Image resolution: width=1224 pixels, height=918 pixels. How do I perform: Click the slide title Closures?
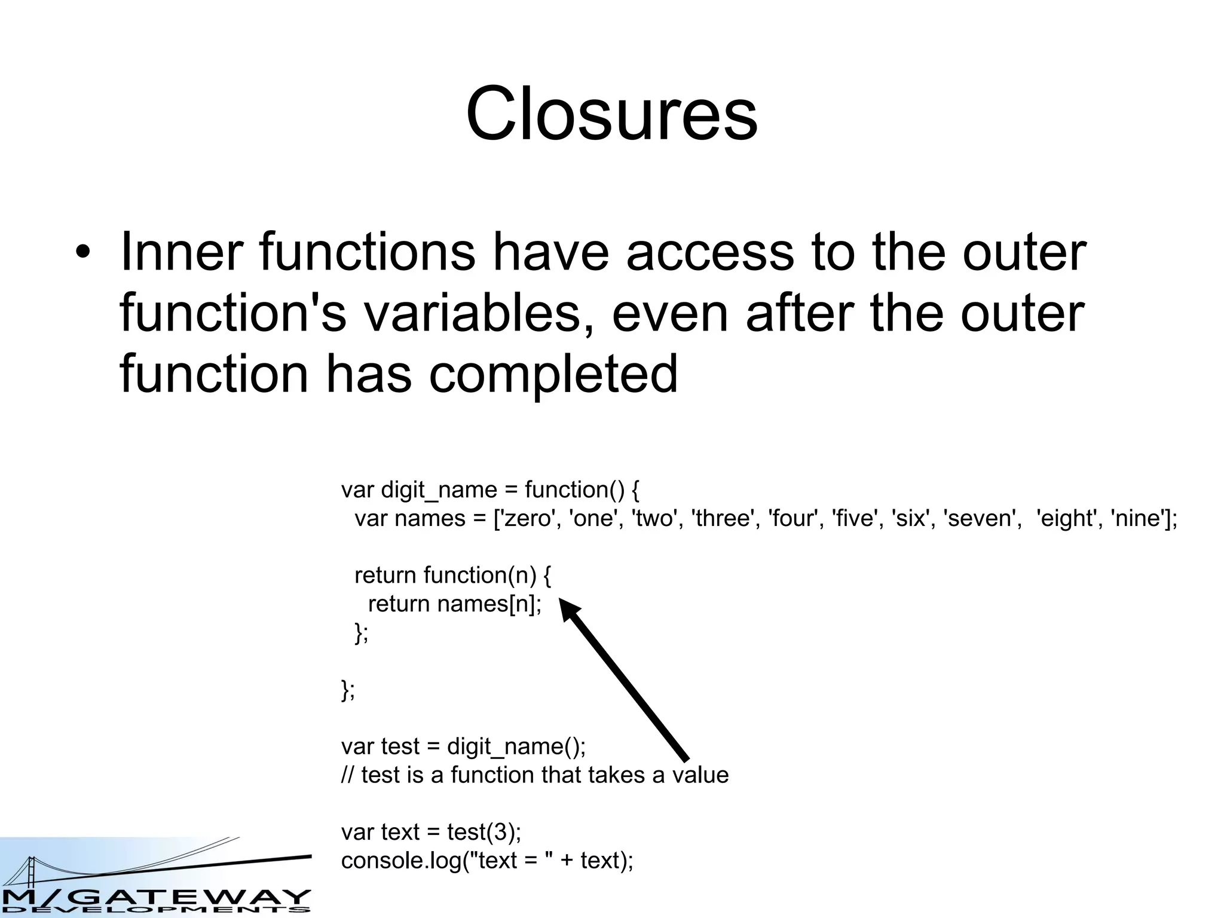coord(611,114)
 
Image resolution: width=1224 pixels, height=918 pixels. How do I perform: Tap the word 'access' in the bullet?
coord(710,253)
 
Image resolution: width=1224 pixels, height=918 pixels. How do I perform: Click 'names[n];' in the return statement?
coord(489,604)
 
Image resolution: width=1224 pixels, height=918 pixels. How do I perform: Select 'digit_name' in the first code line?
coord(439,490)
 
